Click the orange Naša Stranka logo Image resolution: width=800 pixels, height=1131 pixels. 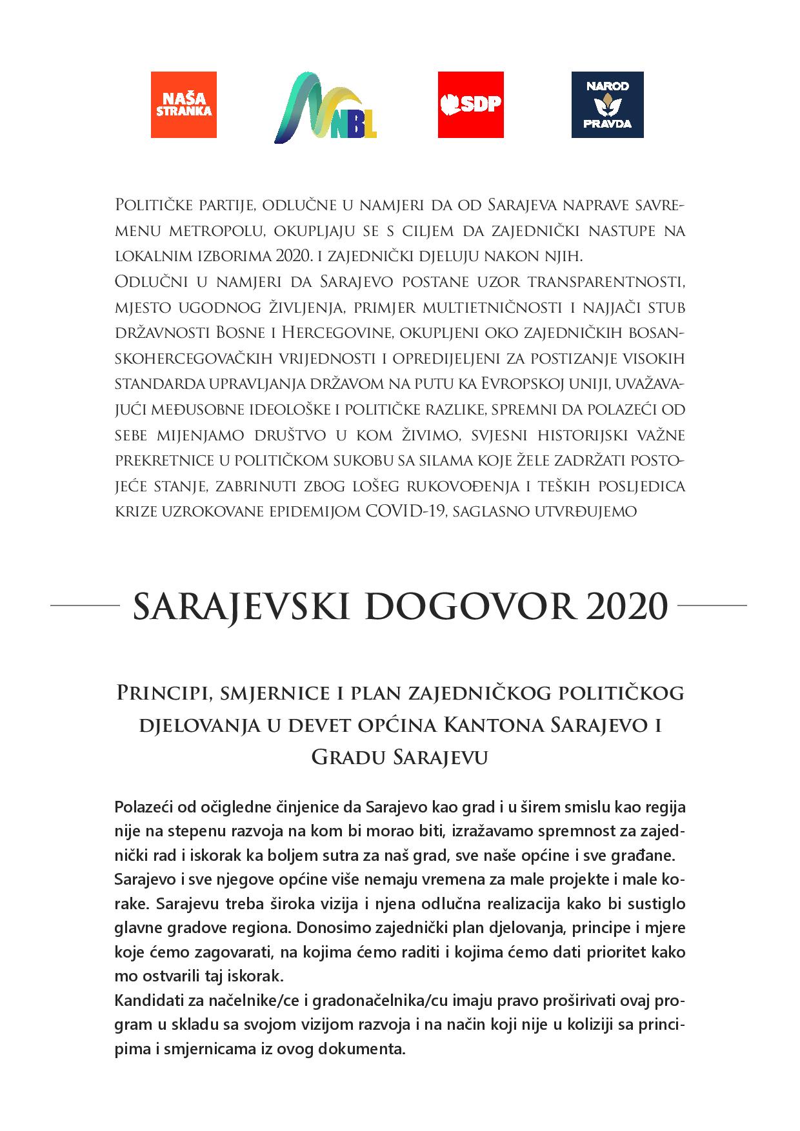tap(184, 104)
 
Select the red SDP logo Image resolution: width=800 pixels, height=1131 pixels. tap(470, 104)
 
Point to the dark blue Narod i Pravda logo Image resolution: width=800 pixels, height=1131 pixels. tap(607, 104)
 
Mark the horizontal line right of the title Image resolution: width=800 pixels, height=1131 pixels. tap(714, 606)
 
